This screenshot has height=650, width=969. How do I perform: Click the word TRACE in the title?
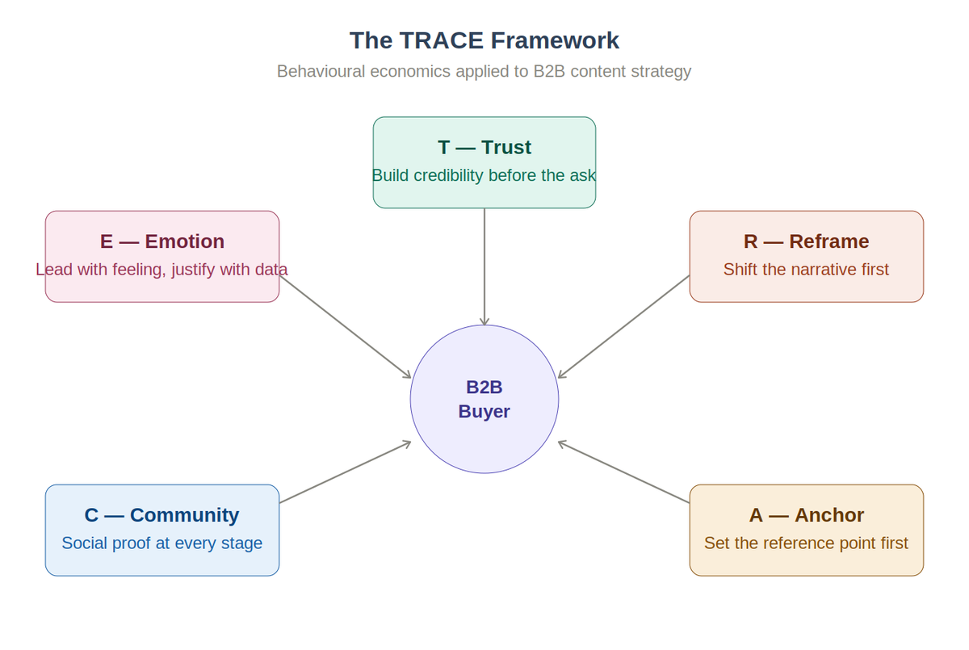pyautogui.click(x=446, y=40)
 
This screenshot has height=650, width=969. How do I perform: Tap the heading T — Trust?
pyautogui.click(x=484, y=147)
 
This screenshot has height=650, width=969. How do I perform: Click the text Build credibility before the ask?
pyautogui.click(x=484, y=175)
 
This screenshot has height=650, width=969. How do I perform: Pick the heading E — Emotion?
pyautogui.click(x=162, y=241)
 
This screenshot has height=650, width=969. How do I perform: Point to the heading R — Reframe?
pyautogui.click(x=806, y=241)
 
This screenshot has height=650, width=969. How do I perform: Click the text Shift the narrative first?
pyautogui.click(x=806, y=269)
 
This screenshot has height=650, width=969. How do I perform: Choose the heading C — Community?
pyautogui.click(x=162, y=515)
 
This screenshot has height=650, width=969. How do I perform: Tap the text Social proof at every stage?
pyautogui.click(x=162, y=543)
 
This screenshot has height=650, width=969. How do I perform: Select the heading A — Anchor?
pyautogui.click(x=806, y=515)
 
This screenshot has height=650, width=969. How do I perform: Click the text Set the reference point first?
pyautogui.click(x=806, y=543)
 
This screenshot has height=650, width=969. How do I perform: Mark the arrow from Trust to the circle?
pyautogui.click(x=484, y=266)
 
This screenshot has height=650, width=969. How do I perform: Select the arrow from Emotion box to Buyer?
pyautogui.click(x=346, y=327)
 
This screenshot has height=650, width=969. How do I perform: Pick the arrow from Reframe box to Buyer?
pyautogui.click(x=623, y=327)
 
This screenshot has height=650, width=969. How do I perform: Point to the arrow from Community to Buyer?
pyautogui.click(x=346, y=472)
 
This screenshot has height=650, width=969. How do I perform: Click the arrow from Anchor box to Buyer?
pyautogui.click(x=623, y=472)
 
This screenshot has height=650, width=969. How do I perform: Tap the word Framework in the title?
pyautogui.click(x=555, y=40)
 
